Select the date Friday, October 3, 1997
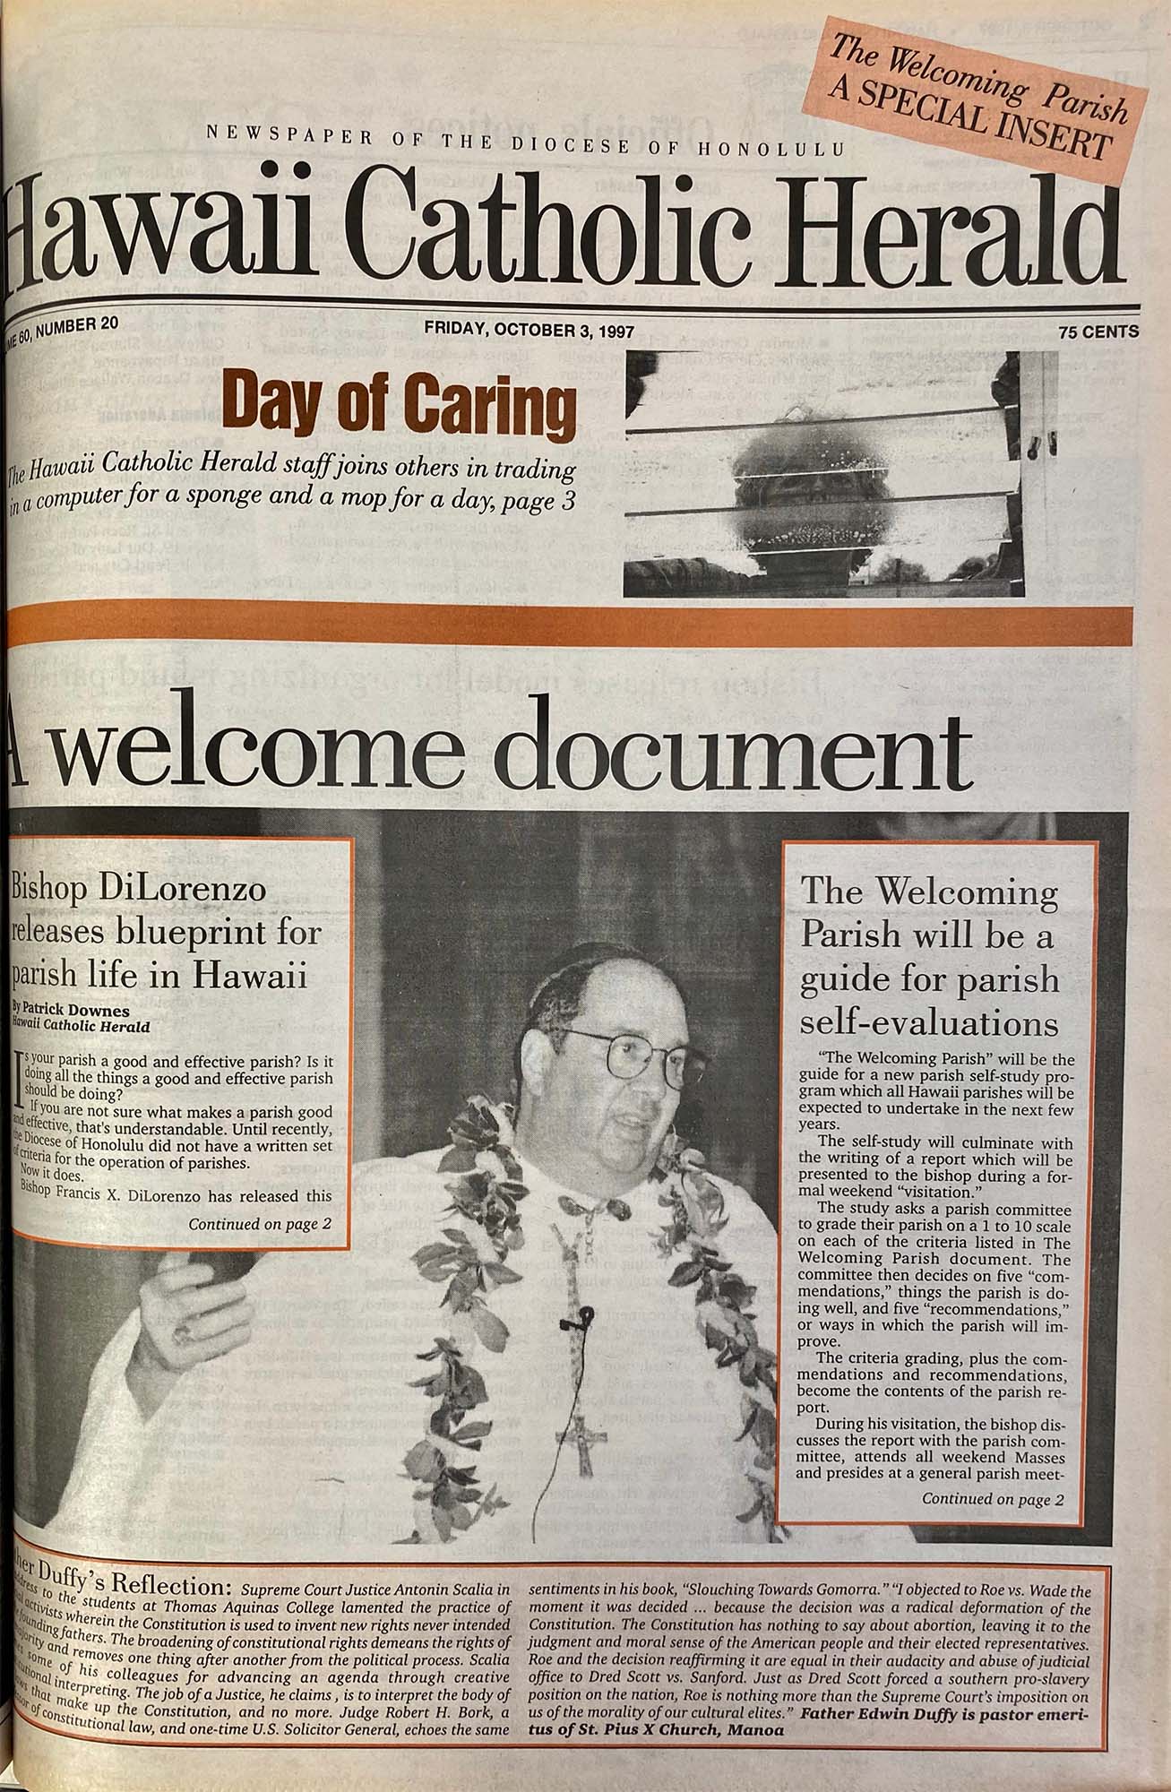pyautogui.click(x=529, y=331)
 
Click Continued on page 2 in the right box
pyautogui.click(x=992, y=1497)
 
